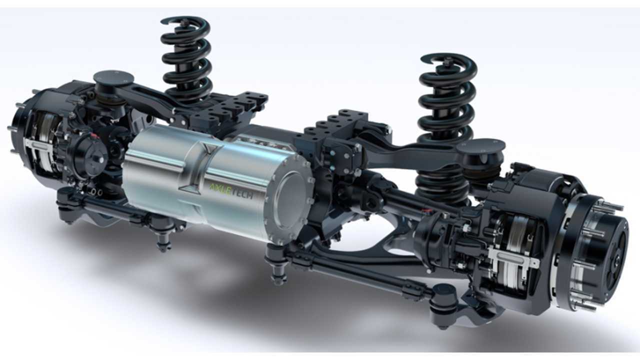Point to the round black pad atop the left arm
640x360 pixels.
(x=113, y=78)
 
